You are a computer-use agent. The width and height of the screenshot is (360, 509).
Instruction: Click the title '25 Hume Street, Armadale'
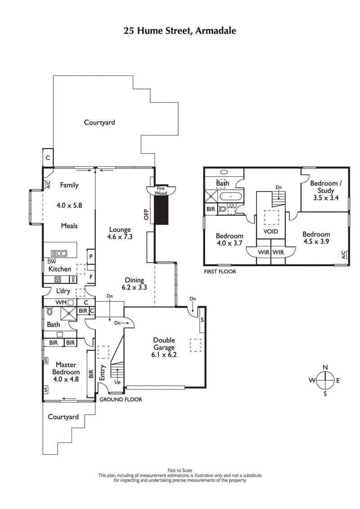click(x=180, y=31)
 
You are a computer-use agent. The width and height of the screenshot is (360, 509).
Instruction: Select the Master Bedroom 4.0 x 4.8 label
click(x=66, y=372)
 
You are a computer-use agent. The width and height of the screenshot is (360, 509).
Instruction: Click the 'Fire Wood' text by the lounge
click(x=161, y=190)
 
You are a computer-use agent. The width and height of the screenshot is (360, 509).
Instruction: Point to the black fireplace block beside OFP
click(x=161, y=211)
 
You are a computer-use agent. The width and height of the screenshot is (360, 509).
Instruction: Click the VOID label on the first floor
click(x=271, y=232)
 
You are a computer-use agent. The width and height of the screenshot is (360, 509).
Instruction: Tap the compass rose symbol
click(x=324, y=380)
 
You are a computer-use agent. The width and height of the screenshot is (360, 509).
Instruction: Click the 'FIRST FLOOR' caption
click(x=220, y=272)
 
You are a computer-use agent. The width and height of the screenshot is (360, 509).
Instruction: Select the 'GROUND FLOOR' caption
click(x=121, y=399)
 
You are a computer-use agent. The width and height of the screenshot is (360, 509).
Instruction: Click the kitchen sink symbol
click(x=59, y=254)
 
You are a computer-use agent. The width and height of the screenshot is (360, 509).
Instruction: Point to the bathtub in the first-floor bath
click(x=230, y=196)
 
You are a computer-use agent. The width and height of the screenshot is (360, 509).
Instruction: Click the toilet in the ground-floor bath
click(x=50, y=311)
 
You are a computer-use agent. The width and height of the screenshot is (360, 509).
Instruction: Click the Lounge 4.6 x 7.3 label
click(x=119, y=233)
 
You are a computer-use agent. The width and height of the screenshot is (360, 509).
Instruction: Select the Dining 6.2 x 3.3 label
click(x=135, y=283)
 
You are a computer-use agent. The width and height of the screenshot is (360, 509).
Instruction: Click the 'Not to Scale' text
click(x=180, y=470)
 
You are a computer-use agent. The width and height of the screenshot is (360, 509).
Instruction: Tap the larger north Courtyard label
click(x=99, y=122)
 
